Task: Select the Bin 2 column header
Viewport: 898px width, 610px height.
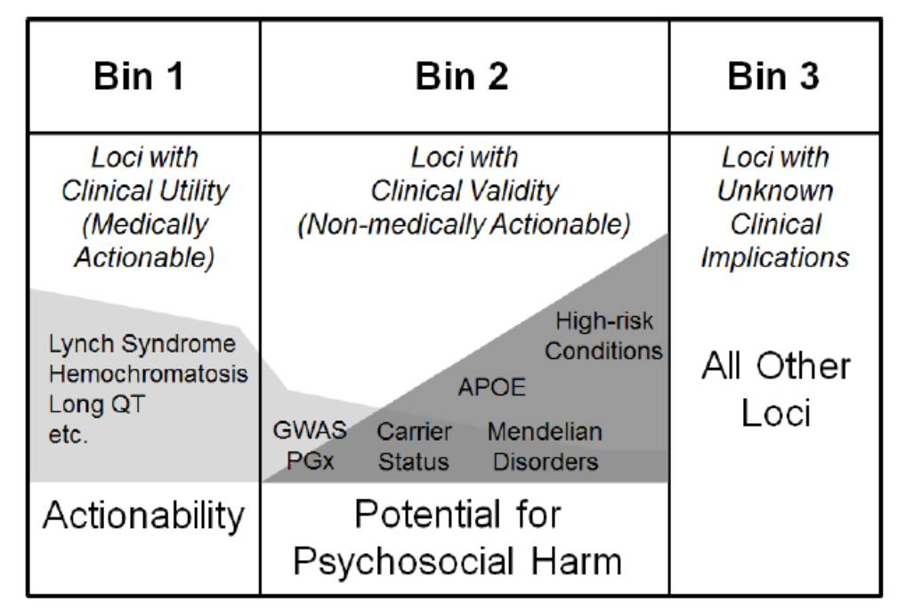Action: click(x=462, y=77)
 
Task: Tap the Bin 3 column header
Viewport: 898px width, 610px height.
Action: click(x=773, y=77)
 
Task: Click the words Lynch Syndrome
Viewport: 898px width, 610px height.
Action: click(x=142, y=344)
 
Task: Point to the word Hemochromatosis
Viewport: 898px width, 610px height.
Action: click(x=148, y=374)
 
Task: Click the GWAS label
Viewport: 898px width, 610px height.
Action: click(x=309, y=432)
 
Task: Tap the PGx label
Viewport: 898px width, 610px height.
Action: click(x=310, y=462)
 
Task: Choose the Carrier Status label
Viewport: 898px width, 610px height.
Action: click(x=414, y=447)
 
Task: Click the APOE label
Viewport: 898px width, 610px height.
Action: click(x=492, y=387)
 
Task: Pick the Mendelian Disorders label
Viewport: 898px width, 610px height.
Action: click(x=545, y=447)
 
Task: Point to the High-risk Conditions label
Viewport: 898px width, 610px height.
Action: click(x=603, y=335)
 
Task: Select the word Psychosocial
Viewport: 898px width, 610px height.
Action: click(x=402, y=562)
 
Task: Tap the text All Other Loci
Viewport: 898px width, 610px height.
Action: click(x=775, y=389)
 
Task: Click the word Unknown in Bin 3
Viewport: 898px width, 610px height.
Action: click(x=775, y=191)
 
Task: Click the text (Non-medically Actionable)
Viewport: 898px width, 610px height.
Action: click(x=463, y=224)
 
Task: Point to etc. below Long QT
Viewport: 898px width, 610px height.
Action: click(x=69, y=435)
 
